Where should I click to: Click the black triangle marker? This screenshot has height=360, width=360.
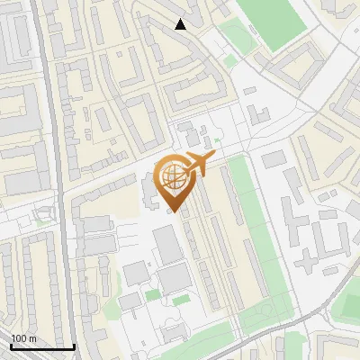point(181,24)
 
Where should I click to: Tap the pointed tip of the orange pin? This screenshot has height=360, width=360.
point(172,212)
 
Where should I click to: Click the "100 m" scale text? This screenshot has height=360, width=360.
point(23,338)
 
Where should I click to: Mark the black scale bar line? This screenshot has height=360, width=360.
point(42,346)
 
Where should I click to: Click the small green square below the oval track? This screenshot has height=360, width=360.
point(230,61)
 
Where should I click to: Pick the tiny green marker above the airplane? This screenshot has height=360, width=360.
point(217,140)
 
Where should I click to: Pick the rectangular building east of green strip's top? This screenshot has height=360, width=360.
point(274,158)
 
